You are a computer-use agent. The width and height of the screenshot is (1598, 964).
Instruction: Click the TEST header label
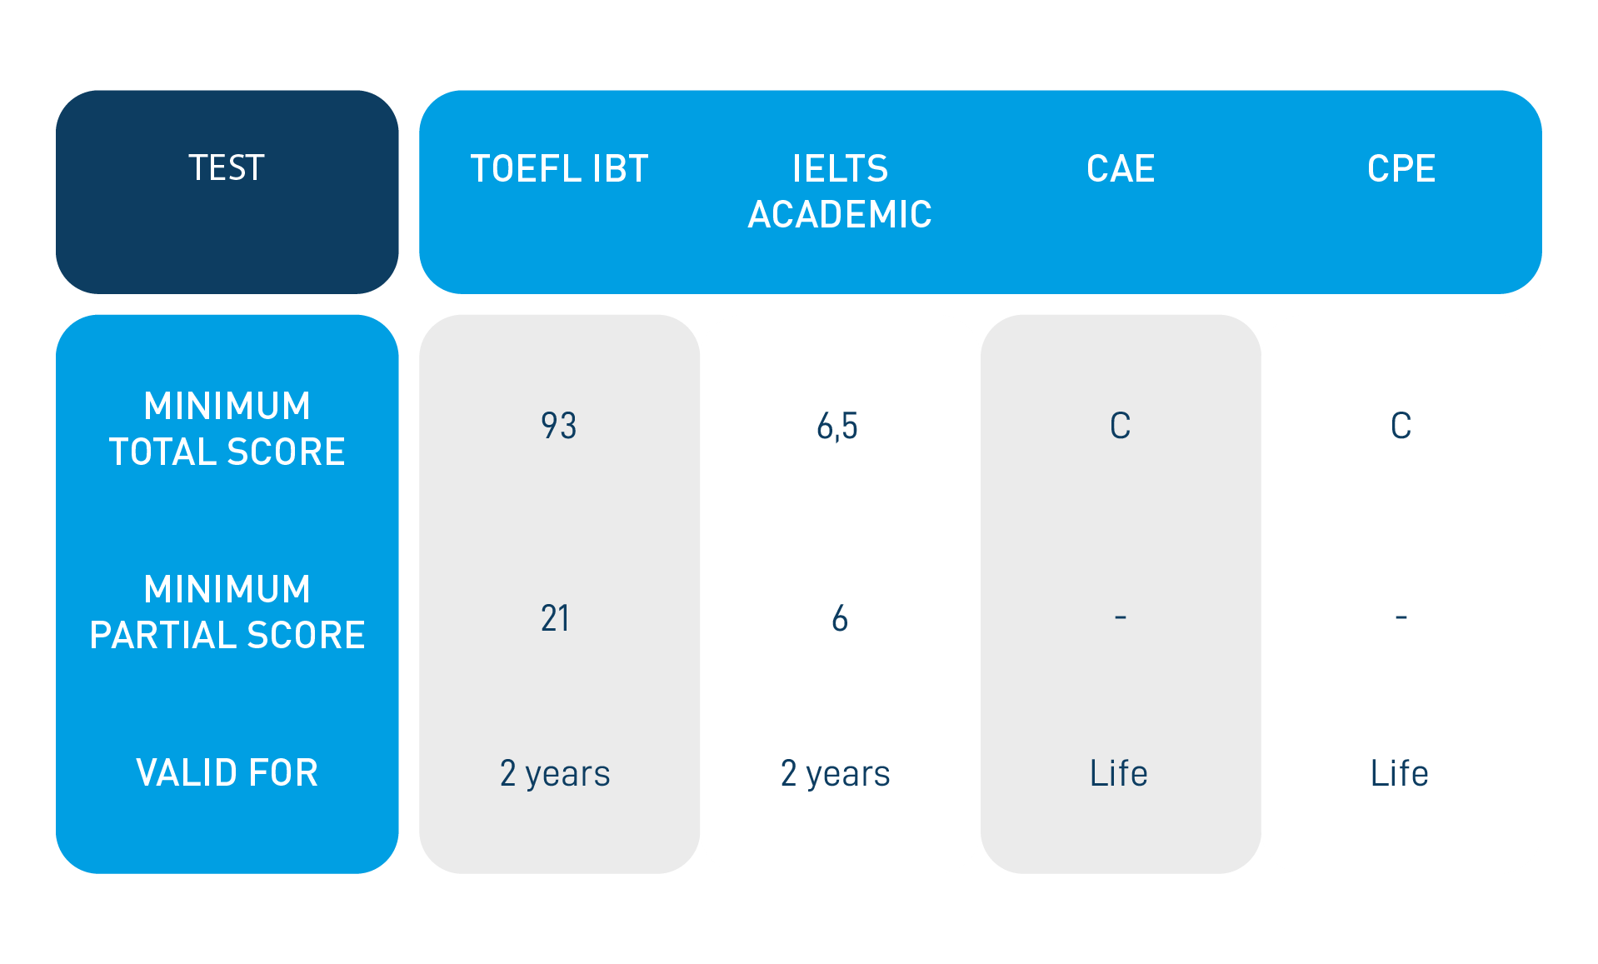[x=227, y=168]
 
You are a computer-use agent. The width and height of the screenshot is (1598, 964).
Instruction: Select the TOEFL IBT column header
[x=559, y=169]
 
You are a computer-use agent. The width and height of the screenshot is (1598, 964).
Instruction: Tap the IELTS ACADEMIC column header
[x=840, y=192]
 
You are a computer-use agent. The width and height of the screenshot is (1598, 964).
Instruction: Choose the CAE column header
[x=1121, y=169]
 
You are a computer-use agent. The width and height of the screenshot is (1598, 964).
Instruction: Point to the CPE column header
[x=1401, y=169]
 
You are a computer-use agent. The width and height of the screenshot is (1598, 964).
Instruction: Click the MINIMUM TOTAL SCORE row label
[x=227, y=429]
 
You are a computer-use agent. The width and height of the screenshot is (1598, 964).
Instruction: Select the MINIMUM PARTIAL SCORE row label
[x=227, y=612]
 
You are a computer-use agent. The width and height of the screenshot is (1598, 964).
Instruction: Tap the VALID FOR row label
[x=227, y=773]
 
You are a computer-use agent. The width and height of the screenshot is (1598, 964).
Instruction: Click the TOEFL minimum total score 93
[x=558, y=426]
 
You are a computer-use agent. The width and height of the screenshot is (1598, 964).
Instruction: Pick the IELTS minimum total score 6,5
[x=837, y=427]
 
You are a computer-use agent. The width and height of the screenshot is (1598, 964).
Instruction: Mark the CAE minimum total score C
[x=1121, y=426]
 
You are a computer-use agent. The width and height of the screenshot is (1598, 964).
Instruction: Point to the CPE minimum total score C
[x=1401, y=426]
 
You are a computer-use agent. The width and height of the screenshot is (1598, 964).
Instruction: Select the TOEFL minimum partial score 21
[x=556, y=618]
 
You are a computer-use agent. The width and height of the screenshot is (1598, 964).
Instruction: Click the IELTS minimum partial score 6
[x=840, y=618]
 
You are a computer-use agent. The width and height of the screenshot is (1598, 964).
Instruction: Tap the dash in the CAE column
[x=1121, y=617]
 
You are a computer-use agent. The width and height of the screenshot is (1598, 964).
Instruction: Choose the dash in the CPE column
[x=1401, y=617]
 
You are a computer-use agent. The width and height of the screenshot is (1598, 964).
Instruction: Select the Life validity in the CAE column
[x=1119, y=773]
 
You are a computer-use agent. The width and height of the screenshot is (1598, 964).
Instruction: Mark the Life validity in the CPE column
[x=1400, y=773]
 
